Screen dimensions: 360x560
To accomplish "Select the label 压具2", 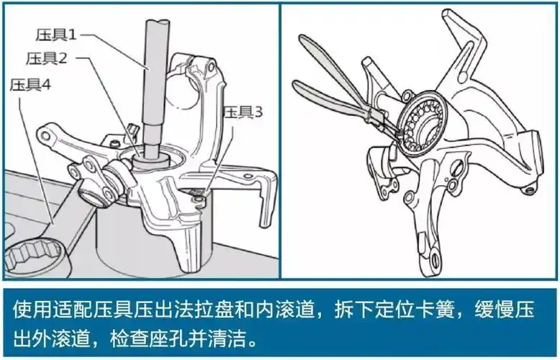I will click(x=46, y=58).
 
